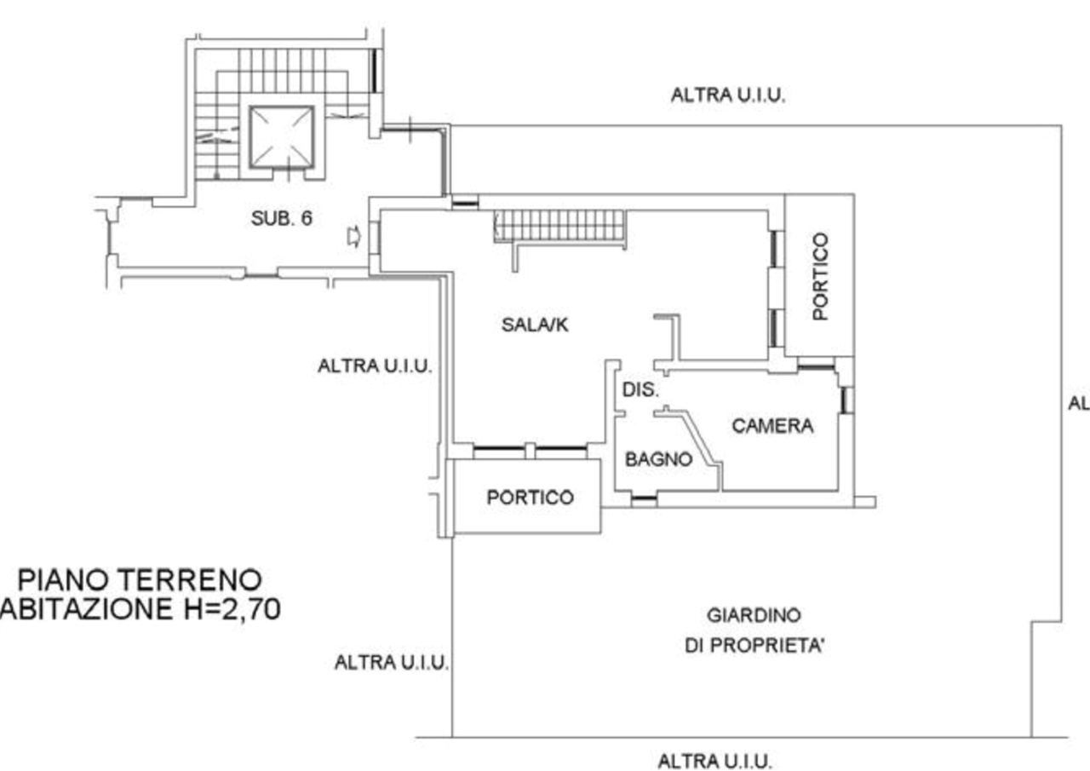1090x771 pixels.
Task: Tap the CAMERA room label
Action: (x=772, y=425)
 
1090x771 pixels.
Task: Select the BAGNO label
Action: (x=657, y=459)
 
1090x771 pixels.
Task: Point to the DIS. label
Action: (x=639, y=389)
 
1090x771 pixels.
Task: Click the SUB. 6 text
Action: (x=282, y=219)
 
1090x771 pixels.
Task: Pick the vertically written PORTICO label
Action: (x=820, y=273)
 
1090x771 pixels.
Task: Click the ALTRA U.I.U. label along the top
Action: (x=726, y=96)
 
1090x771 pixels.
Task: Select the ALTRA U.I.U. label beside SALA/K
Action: (x=374, y=366)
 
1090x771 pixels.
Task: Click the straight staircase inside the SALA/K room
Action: (x=563, y=227)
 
